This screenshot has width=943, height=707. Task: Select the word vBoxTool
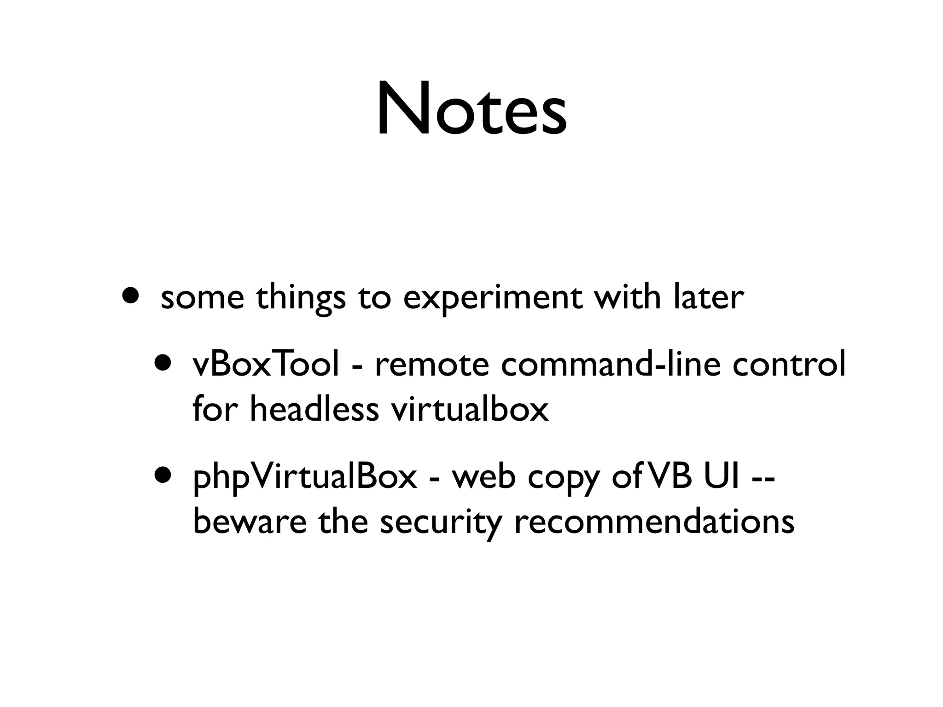point(266,364)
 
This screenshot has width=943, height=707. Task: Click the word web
point(483,477)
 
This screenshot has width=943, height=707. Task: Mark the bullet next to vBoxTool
point(163,361)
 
